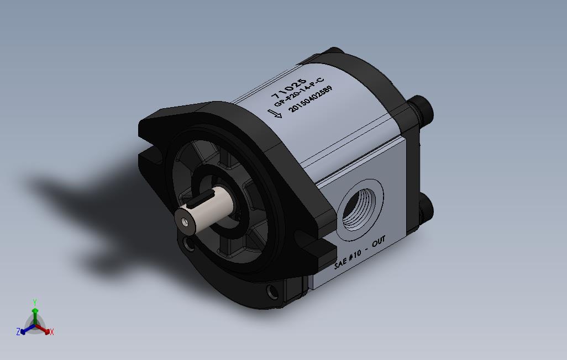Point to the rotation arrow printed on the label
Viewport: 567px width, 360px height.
tap(275, 114)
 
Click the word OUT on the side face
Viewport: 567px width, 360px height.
tap(378, 243)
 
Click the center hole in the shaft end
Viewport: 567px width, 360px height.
tap(184, 221)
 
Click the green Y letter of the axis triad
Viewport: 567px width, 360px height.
tap(34, 302)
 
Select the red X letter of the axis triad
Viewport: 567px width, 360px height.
tap(51, 332)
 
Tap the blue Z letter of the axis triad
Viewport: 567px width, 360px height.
tap(18, 332)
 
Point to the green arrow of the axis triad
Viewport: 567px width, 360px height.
tap(35, 313)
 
